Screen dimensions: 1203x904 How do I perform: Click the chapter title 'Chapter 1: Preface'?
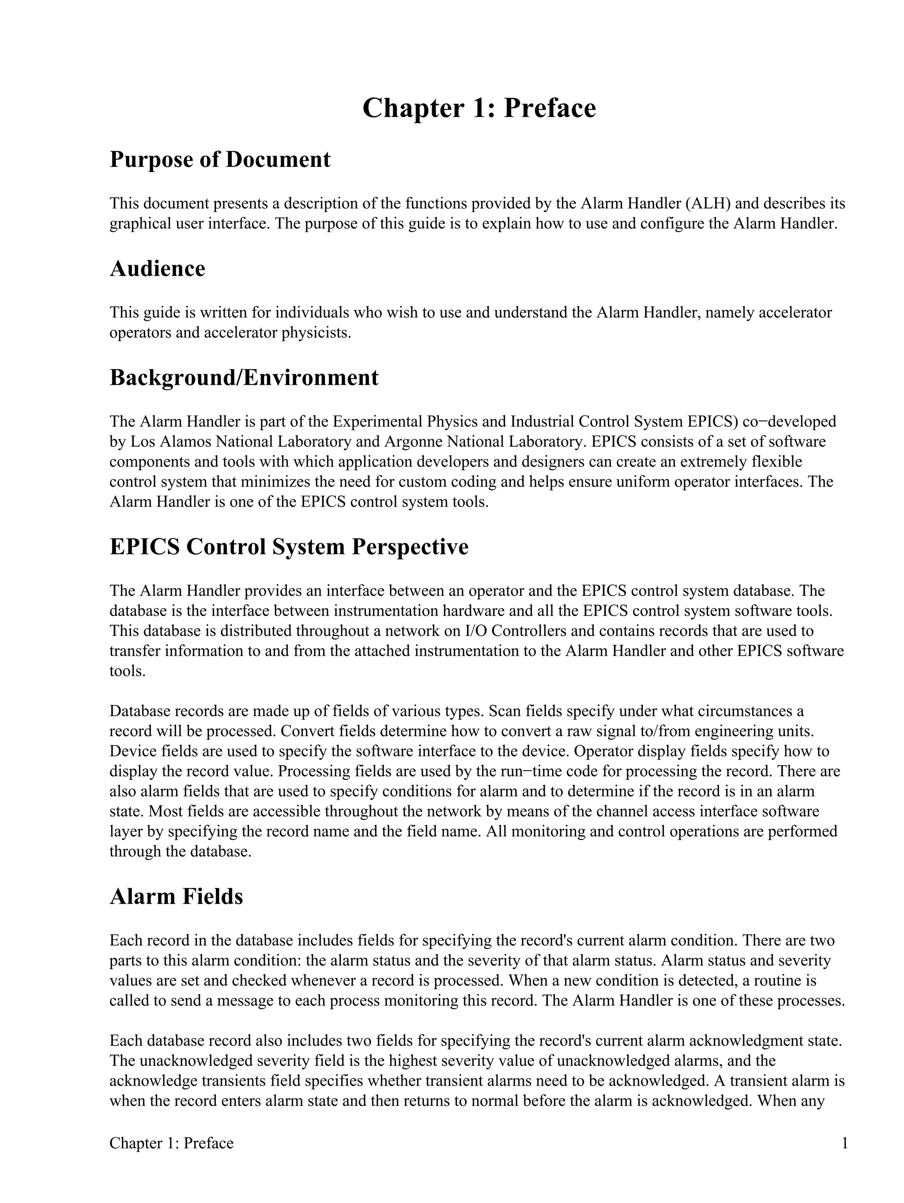pos(478,108)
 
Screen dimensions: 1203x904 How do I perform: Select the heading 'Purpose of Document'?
pos(220,160)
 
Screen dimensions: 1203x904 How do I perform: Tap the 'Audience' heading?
pos(157,269)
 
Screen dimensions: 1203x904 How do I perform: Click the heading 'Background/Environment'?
pos(244,377)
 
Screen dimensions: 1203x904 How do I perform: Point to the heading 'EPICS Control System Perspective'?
pos(289,547)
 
